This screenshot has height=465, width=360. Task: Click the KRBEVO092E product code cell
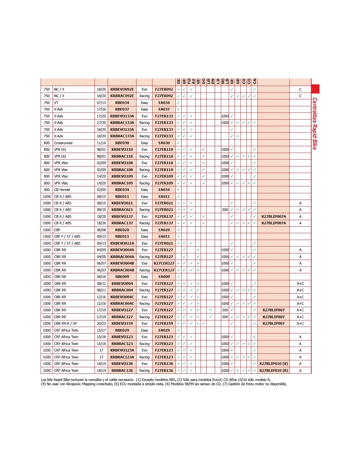tap(122, 89)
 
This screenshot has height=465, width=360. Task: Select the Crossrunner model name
tap(63, 143)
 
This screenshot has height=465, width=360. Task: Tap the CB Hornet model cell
tap(62, 190)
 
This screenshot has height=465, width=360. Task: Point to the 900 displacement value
tap(47, 190)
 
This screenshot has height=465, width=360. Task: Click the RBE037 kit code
tap(122, 109)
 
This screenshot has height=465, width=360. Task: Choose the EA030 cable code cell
tap(164, 143)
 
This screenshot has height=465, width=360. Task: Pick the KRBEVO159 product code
tap(122, 323)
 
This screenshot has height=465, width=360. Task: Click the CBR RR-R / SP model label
tap(65, 323)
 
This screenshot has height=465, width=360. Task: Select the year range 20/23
tap(101, 323)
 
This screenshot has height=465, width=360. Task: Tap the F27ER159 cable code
tap(164, 323)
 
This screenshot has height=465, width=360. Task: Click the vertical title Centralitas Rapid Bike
tap(315, 123)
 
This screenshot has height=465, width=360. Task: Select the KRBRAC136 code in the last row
tap(122, 370)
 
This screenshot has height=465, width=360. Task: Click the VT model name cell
tap(56, 103)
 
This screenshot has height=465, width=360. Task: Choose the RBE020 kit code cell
tap(122, 230)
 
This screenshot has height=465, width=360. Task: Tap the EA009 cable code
tap(164, 277)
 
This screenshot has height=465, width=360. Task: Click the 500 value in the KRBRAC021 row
tap(225, 210)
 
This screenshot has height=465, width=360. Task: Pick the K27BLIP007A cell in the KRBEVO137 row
tap(274, 216)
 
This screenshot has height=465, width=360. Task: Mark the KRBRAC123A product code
tap(122, 357)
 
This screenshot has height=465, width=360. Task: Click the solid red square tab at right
tap(315, 89)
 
